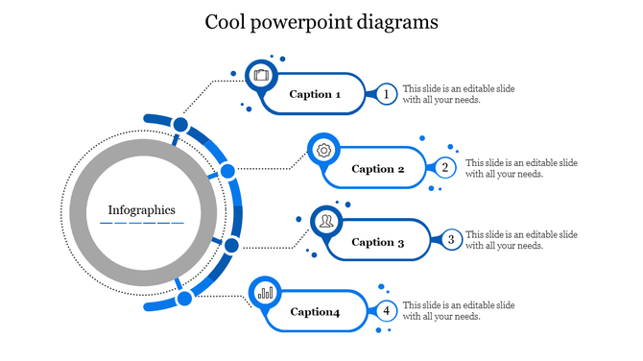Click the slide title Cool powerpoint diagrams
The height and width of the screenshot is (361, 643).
coord(321,22)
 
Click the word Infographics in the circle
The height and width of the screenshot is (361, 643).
coord(141,209)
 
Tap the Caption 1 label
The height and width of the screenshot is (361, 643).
coord(315,94)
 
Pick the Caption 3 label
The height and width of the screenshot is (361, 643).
coord(378,242)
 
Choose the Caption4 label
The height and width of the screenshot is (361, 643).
coord(315,311)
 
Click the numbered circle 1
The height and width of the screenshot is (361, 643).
coord(386,94)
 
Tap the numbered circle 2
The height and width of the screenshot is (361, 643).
coord(445,168)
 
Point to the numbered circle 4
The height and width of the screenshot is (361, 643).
coord(386,311)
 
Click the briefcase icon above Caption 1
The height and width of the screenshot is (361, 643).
coord(262,75)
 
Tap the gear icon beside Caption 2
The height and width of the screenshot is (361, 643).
coord(324,150)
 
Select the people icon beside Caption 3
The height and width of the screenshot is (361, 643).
coord(327,222)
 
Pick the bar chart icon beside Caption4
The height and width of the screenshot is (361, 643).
coord(265,292)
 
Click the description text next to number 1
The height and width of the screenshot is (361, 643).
coord(458,94)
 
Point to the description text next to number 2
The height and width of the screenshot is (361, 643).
coord(521,168)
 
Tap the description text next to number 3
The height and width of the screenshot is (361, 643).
coord(521,240)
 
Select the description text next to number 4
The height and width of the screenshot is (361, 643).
coord(458,311)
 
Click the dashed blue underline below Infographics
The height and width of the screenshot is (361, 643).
coord(141,223)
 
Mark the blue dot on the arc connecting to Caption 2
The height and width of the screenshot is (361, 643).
coord(227,171)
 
